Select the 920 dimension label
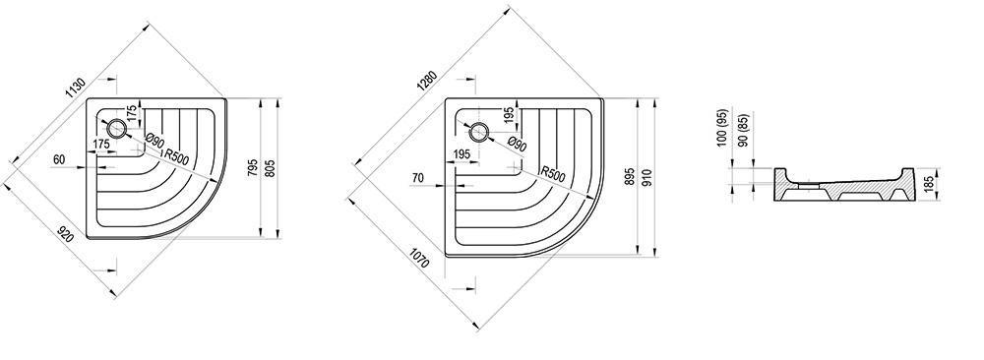(65, 234)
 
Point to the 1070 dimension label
(419, 258)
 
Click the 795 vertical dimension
(252, 168)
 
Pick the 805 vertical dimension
(271, 168)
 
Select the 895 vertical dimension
(630, 177)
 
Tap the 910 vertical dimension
(647, 177)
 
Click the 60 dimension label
(59, 160)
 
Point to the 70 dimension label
(418, 178)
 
